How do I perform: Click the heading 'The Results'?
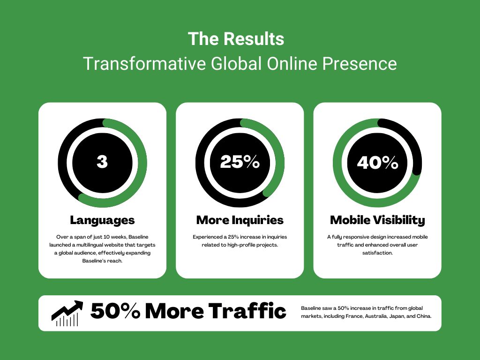click(x=236, y=39)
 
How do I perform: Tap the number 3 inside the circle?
click(x=102, y=162)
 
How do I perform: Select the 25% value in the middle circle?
click(x=240, y=162)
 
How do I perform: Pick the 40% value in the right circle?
click(x=377, y=163)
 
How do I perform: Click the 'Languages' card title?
click(x=102, y=220)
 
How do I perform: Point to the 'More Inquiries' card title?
click(x=240, y=220)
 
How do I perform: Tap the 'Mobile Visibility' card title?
click(x=377, y=220)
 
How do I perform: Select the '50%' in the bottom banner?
click(x=115, y=311)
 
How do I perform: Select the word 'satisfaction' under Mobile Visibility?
click(x=377, y=253)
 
